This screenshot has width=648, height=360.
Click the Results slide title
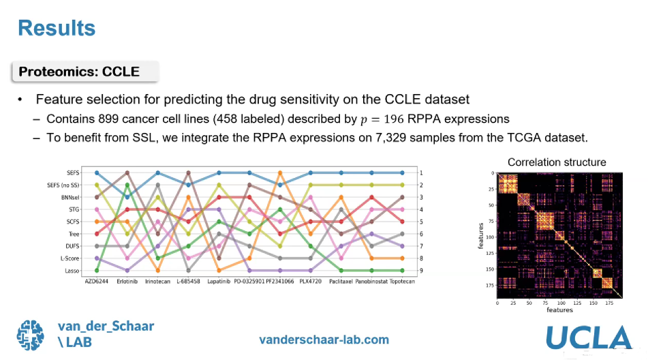point(56,29)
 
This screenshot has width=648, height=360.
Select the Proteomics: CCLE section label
point(78,72)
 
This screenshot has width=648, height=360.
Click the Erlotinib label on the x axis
point(127,281)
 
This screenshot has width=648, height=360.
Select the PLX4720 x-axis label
point(310,281)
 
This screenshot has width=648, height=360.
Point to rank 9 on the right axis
point(422,271)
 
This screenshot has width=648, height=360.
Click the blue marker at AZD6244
point(97,173)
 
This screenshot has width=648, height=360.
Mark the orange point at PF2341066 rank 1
point(279,173)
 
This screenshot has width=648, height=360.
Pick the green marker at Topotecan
point(401,271)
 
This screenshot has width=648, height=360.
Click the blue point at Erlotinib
point(127,197)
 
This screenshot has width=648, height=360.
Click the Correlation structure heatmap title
point(557,162)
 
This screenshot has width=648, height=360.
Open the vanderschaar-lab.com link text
point(324,340)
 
